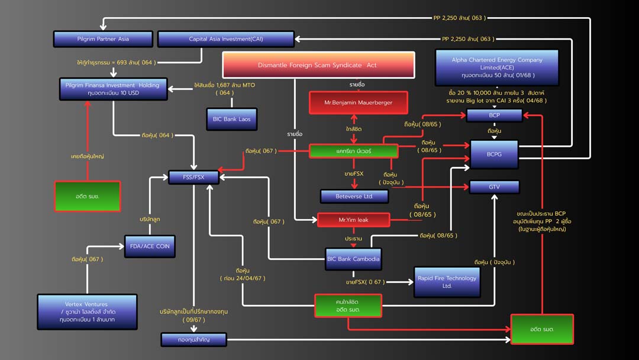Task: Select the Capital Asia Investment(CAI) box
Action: [x=225, y=39]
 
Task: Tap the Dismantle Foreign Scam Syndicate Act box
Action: [x=318, y=65]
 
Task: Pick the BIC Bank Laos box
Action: [x=231, y=119]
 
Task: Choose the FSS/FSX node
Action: [x=193, y=177]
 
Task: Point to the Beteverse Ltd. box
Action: [x=354, y=196]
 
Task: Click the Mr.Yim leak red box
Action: [x=353, y=220]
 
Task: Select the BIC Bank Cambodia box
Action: [x=353, y=259]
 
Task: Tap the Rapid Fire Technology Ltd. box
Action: [x=447, y=282]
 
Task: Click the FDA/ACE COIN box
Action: [x=150, y=246]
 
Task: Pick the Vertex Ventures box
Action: [x=87, y=311]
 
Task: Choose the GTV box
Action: [x=494, y=187]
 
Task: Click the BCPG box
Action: [x=494, y=154]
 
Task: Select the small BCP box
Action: [x=494, y=115]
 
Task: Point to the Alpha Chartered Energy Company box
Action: [x=496, y=67]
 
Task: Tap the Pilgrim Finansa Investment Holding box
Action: [x=113, y=89]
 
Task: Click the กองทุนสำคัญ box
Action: [x=193, y=339]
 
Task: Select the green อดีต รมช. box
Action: [x=87, y=196]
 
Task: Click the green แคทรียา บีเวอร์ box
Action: [x=353, y=151]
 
